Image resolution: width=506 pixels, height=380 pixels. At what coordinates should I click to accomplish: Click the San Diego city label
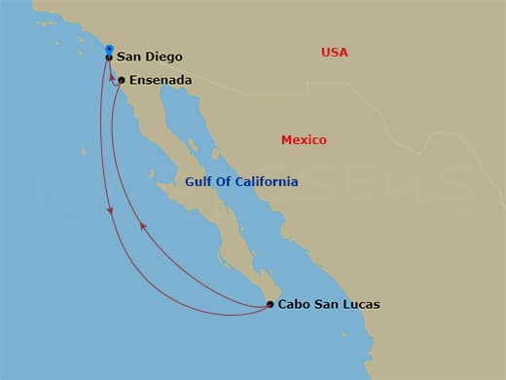coord(149,57)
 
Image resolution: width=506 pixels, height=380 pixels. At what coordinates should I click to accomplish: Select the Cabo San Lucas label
coord(329,305)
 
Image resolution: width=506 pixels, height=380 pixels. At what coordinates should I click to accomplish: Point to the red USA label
coord(335,53)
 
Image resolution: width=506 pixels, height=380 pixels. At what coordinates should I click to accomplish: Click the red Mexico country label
coord(304,140)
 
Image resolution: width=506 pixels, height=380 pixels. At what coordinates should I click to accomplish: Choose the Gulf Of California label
coord(242,182)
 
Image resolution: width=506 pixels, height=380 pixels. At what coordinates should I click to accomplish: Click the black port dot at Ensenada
coord(122,80)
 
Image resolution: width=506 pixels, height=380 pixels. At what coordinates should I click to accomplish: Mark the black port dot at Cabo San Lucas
coord(271,305)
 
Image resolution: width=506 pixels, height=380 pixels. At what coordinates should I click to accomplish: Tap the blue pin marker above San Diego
coord(109,49)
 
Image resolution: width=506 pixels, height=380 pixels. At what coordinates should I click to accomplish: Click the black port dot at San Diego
coord(109,58)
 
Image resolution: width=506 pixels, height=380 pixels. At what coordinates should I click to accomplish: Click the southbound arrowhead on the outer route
coord(111,210)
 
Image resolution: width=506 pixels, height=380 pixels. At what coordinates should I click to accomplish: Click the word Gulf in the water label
coord(199,182)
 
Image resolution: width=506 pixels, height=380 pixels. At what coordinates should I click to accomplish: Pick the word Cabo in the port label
coord(294,305)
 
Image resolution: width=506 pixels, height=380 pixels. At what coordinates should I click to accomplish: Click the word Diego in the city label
coord(163,57)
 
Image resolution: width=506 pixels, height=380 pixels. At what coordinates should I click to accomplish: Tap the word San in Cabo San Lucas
coord(326,305)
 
